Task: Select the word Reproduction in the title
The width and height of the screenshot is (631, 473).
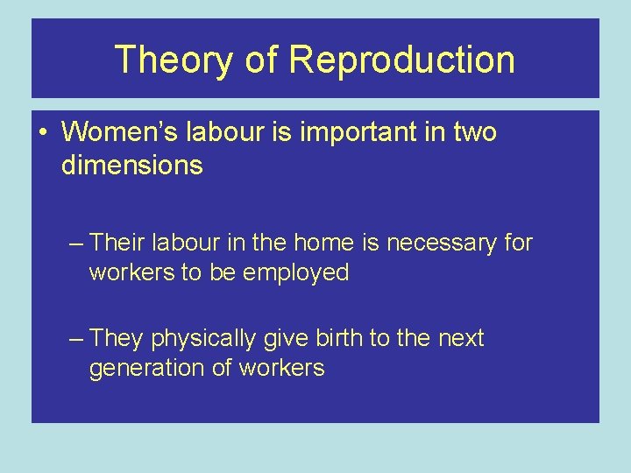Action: (401, 60)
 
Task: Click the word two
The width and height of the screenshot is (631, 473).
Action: (474, 132)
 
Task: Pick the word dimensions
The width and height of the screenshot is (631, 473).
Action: (131, 165)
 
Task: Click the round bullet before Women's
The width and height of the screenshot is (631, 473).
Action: (42, 133)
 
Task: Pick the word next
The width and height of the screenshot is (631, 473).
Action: (461, 338)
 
